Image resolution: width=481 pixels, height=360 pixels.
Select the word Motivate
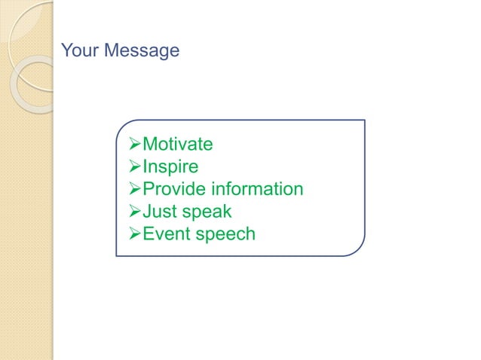[x=177, y=144]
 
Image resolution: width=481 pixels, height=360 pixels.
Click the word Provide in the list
[x=174, y=189]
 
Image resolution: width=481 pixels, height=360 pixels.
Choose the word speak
[x=205, y=212]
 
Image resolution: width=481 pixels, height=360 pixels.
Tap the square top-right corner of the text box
[x=364, y=121]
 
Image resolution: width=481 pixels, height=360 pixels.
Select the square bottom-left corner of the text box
[x=117, y=256]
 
